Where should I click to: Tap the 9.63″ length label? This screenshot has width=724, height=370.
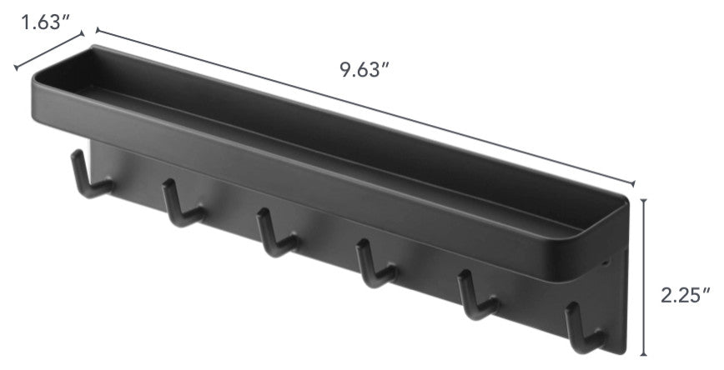365,70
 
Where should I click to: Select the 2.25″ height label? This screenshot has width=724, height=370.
686,295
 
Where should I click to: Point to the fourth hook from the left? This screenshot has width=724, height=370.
376,263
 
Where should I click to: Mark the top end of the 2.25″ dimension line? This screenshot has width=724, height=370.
644,199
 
